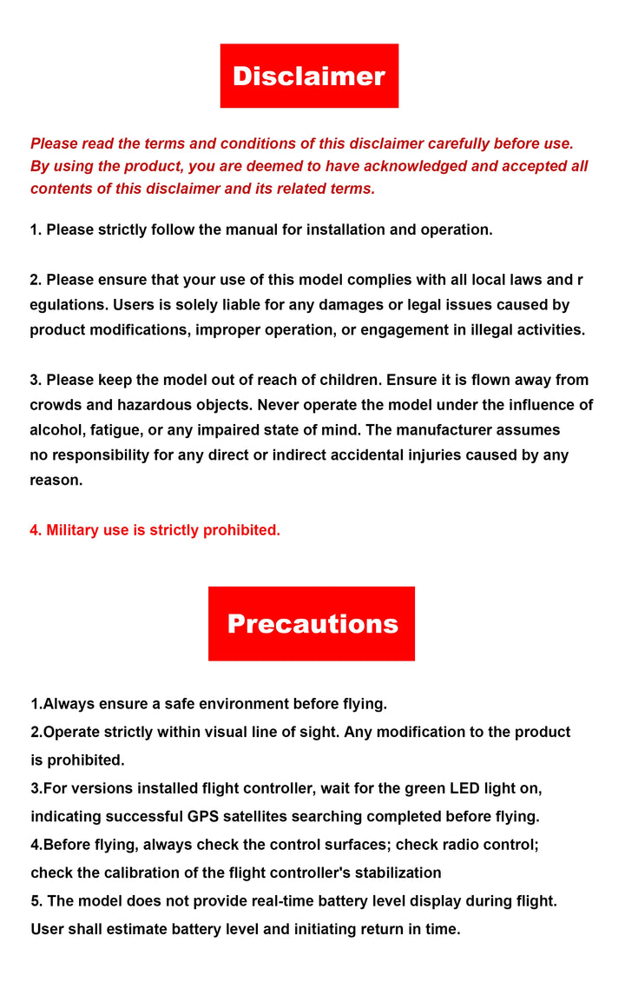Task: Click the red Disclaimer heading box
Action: pos(309,76)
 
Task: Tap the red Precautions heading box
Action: pos(312,623)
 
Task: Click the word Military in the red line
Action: pos(73,530)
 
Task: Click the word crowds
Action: pos(56,405)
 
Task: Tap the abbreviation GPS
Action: pos(203,816)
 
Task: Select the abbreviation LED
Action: pos(465,788)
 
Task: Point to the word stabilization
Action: pos(393,873)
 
